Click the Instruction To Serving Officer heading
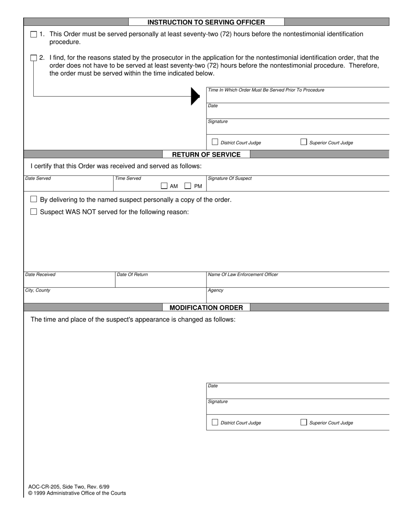[x=206, y=22]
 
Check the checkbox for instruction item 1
[x=34, y=35]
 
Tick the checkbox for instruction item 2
[x=34, y=58]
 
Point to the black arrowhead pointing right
[x=195, y=96]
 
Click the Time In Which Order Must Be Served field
[x=298, y=95]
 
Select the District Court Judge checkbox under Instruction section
[x=215, y=142]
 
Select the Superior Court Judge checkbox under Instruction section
[x=303, y=142]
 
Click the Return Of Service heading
[x=206, y=154]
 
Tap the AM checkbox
[x=164, y=186]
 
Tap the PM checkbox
[x=188, y=186]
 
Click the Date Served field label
[x=38, y=178]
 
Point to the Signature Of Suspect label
[x=230, y=178]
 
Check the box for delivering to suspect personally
[x=34, y=199]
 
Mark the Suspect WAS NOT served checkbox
[x=34, y=212]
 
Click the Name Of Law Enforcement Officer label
[x=243, y=275]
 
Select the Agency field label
[x=216, y=290]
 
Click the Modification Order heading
[x=206, y=308]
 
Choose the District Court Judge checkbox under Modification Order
[x=215, y=422]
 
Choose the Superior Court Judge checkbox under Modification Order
[x=303, y=422]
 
